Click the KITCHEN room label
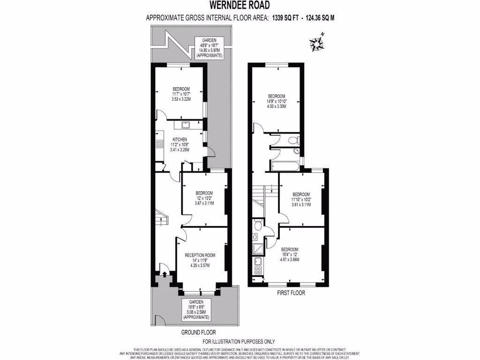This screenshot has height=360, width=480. tap(180, 140)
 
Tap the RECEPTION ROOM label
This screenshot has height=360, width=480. tap(200, 255)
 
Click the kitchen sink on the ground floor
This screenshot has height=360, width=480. tap(184, 125)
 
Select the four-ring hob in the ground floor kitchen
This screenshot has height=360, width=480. tap(159, 144)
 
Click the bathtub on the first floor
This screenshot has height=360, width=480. tap(285, 165)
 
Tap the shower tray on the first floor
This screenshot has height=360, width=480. tap(258, 249)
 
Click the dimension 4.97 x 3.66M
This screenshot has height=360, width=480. tap(289, 259)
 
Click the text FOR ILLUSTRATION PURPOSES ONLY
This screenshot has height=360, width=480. tap(239, 341)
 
